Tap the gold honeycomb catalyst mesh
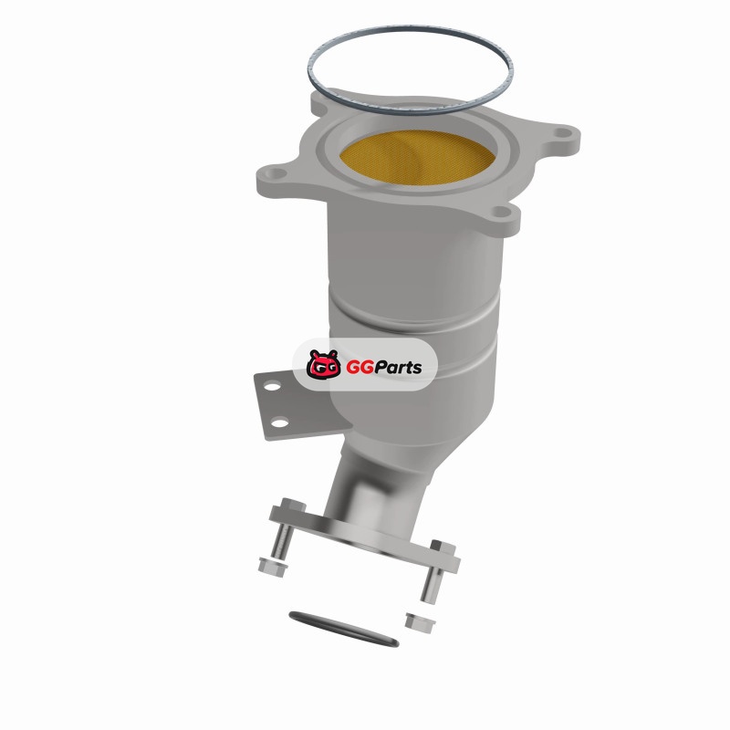(417, 158)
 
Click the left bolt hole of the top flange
(276, 173)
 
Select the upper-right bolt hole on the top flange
(564, 133)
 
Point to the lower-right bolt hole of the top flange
(501, 213)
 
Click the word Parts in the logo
(399, 368)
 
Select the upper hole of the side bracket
(272, 386)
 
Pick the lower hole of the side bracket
(279, 423)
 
